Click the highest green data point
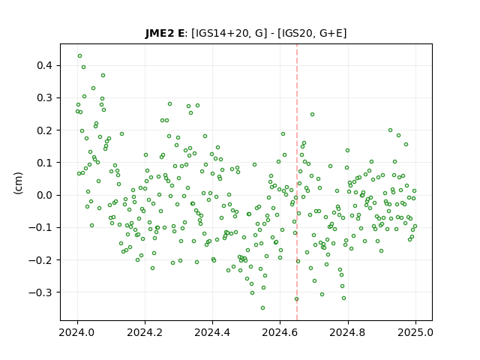80,56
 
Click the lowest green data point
262,308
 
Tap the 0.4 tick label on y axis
44,65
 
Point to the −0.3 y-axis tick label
40,292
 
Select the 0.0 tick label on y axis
44,195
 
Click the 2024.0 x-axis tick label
77,333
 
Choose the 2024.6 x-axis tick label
280,333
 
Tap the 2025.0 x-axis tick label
415,333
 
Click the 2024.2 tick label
145,333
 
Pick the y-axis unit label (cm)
18,182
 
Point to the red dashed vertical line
297,182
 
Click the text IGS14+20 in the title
221,33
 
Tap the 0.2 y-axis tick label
44,130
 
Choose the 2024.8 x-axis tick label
348,333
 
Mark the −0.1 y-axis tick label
40,227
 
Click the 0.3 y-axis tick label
44,98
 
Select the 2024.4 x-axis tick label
212,333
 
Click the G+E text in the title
331,33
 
